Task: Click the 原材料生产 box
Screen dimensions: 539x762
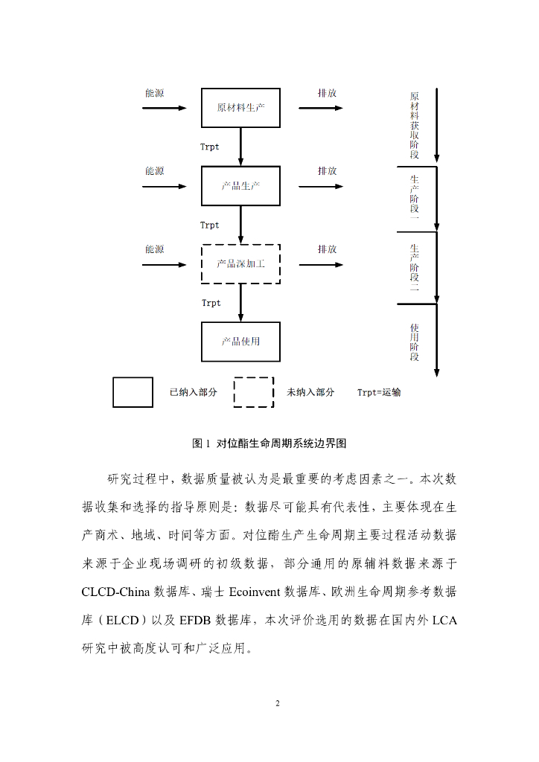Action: click(x=240, y=108)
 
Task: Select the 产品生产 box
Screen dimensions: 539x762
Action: click(x=240, y=186)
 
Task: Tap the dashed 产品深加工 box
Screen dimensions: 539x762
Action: click(x=240, y=263)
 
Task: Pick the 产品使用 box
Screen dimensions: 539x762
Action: click(x=240, y=342)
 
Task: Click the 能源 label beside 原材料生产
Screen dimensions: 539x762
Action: click(x=154, y=94)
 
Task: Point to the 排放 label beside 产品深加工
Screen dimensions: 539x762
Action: click(x=327, y=249)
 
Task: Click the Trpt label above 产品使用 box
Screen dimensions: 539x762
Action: click(x=211, y=303)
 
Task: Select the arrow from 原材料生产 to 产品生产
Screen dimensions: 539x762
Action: click(x=240, y=147)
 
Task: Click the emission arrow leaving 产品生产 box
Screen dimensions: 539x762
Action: click(x=320, y=186)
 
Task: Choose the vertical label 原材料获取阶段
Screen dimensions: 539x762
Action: click(x=414, y=126)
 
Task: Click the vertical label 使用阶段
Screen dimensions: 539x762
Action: click(x=414, y=342)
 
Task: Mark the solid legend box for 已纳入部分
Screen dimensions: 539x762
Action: click(x=133, y=392)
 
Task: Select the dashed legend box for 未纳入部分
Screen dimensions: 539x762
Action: click(x=254, y=392)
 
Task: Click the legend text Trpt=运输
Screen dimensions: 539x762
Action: click(x=379, y=392)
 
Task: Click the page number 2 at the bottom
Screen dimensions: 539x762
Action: click(x=277, y=703)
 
